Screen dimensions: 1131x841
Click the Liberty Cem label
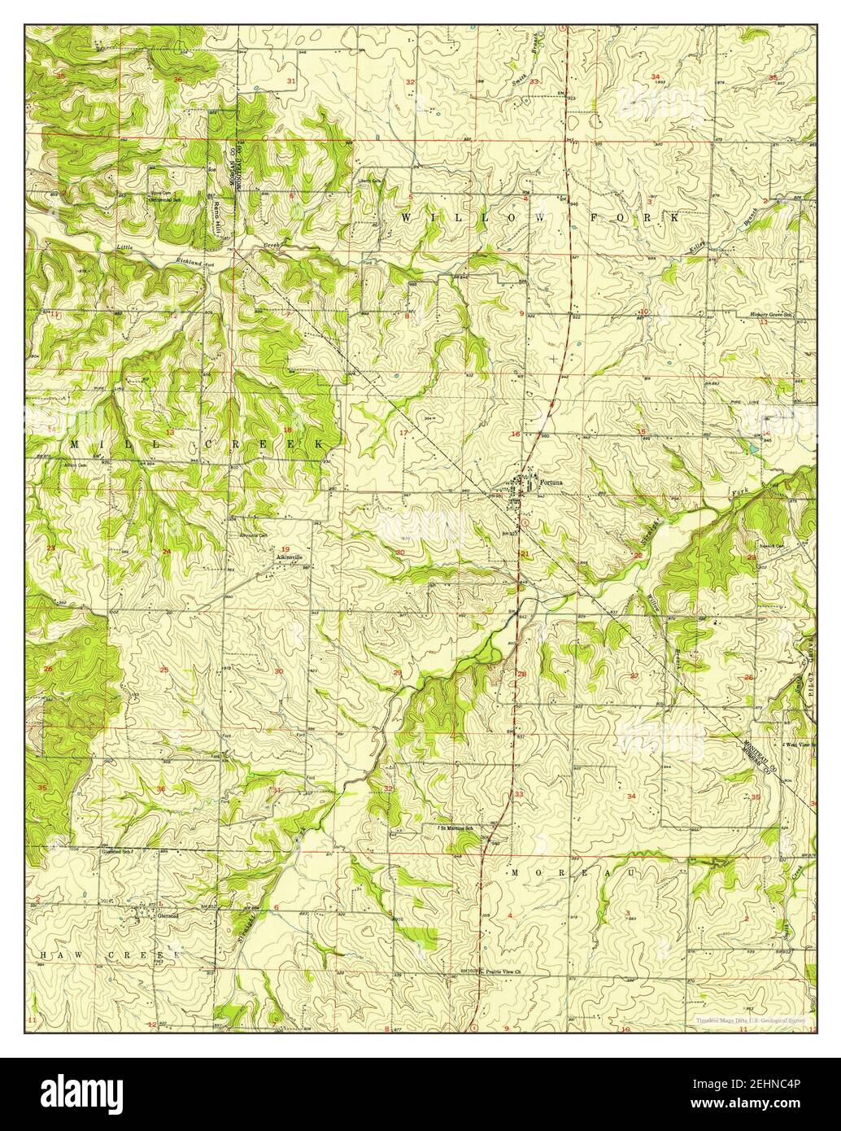coord(370,181)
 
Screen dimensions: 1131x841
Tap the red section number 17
coord(403,432)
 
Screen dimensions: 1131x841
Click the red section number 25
coord(164,670)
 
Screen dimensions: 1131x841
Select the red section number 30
coord(279,671)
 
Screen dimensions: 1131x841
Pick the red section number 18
coord(286,429)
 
